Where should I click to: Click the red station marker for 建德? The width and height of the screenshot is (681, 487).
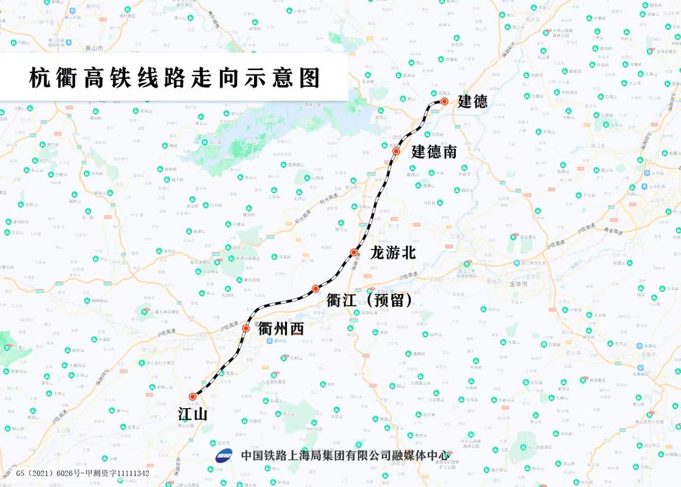(445, 101)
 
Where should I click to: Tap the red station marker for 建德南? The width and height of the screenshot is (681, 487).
(396, 151)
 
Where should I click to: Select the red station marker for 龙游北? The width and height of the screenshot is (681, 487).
(354, 252)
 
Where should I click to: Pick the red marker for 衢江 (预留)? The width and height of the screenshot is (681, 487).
(315, 289)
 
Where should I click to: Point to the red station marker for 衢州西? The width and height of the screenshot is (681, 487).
(246, 328)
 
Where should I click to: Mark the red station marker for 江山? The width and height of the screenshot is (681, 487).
(192, 397)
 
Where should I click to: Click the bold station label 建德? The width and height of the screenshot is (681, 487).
(472, 102)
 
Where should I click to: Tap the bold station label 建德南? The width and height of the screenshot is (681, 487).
(434, 152)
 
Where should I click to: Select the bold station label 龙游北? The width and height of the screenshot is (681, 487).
(393, 253)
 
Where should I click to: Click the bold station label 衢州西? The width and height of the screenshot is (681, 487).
(281, 329)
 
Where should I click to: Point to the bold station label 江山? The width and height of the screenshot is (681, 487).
(193, 414)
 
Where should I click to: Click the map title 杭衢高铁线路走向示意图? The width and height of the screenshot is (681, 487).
(175, 78)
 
